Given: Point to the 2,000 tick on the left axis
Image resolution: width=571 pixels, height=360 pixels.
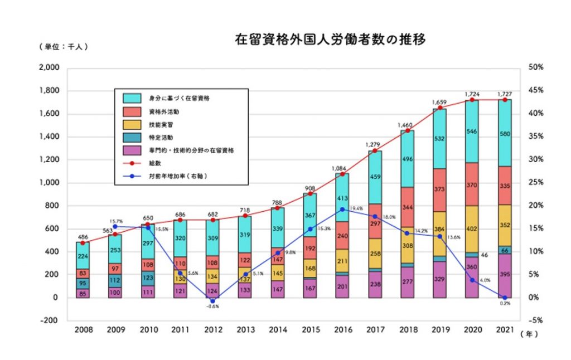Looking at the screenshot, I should [x=49, y=67].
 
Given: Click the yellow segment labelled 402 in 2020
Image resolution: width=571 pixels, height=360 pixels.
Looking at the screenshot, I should [x=472, y=228].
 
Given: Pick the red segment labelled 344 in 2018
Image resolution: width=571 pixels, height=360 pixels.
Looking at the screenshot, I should [x=408, y=207].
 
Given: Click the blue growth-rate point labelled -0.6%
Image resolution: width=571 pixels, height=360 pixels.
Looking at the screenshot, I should [x=212, y=301].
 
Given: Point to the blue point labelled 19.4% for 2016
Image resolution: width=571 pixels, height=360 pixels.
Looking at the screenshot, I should [x=342, y=209].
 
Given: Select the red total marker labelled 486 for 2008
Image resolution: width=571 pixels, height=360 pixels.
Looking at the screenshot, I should [x=83, y=243].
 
